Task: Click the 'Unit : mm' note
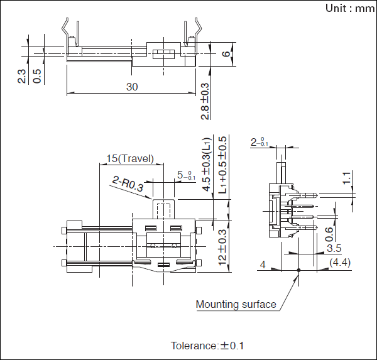click(349, 9)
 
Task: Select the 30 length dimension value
click(131, 87)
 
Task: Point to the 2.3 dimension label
click(22, 75)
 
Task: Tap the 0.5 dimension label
click(38, 75)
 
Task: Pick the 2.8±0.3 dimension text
click(205, 101)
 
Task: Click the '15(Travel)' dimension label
click(130, 159)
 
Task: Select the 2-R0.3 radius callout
click(128, 183)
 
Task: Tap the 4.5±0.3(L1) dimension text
click(205, 164)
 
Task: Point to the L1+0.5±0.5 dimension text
click(223, 165)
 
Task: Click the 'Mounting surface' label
click(236, 305)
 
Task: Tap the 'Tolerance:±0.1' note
click(207, 346)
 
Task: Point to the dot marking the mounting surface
click(298, 270)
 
